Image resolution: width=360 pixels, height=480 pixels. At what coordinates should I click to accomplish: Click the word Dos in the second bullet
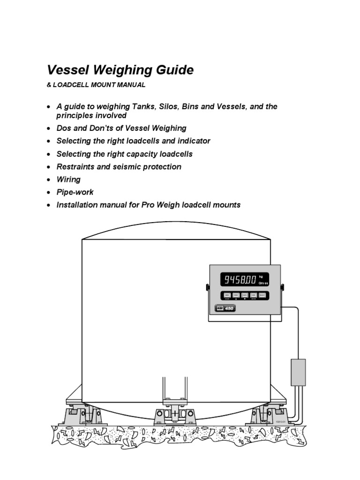(x=64, y=128)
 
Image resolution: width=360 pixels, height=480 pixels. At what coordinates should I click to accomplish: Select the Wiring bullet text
(x=68, y=180)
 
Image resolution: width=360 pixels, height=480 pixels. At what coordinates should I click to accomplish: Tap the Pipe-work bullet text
(x=75, y=192)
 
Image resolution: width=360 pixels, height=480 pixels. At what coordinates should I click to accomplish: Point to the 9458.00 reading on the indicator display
(x=240, y=280)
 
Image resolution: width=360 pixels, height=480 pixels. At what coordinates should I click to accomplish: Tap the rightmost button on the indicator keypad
(x=262, y=295)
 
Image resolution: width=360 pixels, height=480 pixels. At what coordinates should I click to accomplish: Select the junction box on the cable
(x=298, y=372)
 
